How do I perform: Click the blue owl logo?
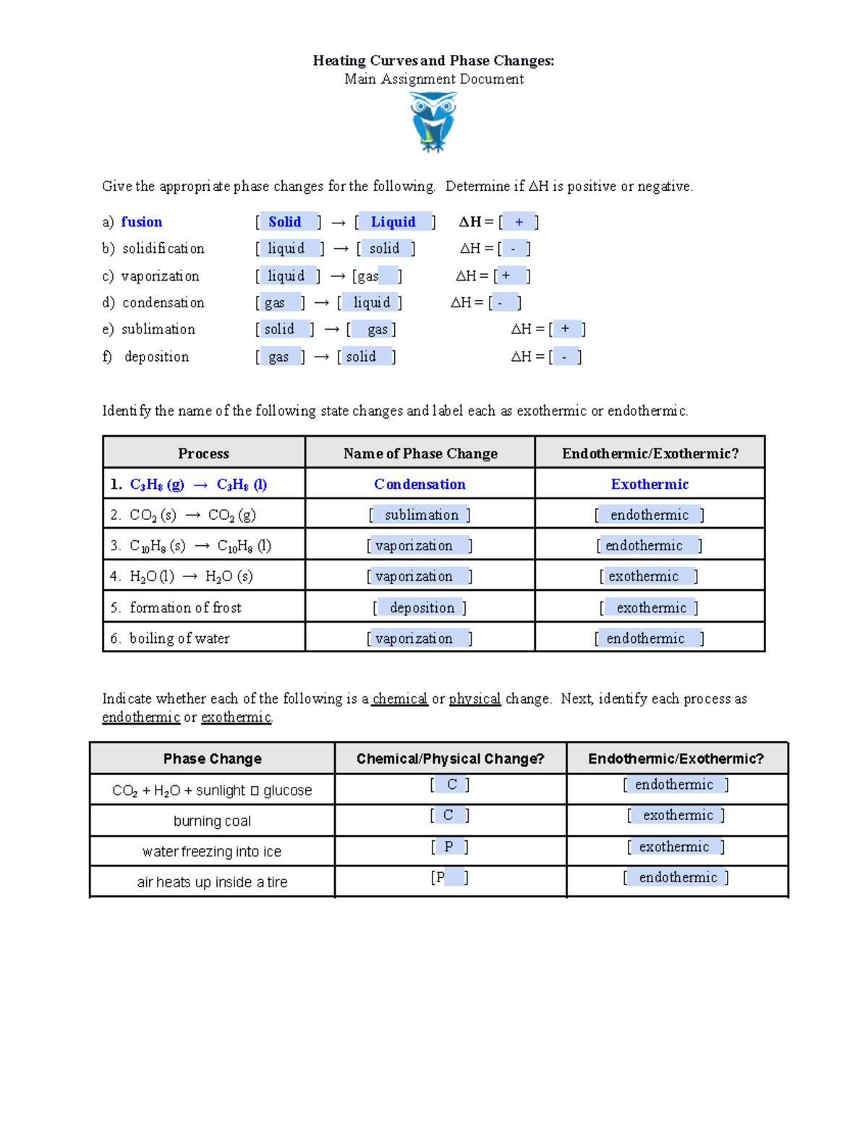[x=433, y=122]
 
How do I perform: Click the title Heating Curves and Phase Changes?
[x=433, y=61]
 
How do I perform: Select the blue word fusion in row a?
[x=142, y=222]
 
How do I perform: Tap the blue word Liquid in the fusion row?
[x=393, y=222]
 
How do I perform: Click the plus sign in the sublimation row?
[x=565, y=329]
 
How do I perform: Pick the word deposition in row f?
[x=156, y=356]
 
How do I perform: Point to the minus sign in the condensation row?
[x=500, y=303]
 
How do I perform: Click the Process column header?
[x=203, y=453]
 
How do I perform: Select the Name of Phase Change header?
[x=420, y=453]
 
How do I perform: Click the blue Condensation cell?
[x=420, y=484]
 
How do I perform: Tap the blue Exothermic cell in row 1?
[x=650, y=484]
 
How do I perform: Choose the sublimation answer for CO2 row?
[x=421, y=515]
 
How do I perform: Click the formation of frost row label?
[x=185, y=608]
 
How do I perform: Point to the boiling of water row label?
[x=179, y=639]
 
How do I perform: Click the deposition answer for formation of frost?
[x=422, y=608]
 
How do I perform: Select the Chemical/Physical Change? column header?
[x=450, y=759]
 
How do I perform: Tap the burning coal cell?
[x=212, y=821]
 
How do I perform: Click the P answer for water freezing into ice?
[x=448, y=847]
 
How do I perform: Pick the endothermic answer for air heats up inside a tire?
[x=678, y=877]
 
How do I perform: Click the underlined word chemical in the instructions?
[x=400, y=699]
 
